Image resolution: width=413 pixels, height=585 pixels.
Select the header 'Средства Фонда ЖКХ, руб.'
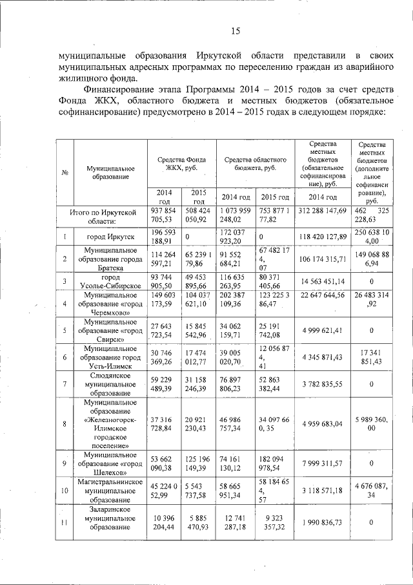(181, 164)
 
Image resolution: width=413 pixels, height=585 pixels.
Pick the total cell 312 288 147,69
(322, 211)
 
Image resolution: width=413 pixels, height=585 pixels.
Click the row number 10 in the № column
(65, 491)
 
